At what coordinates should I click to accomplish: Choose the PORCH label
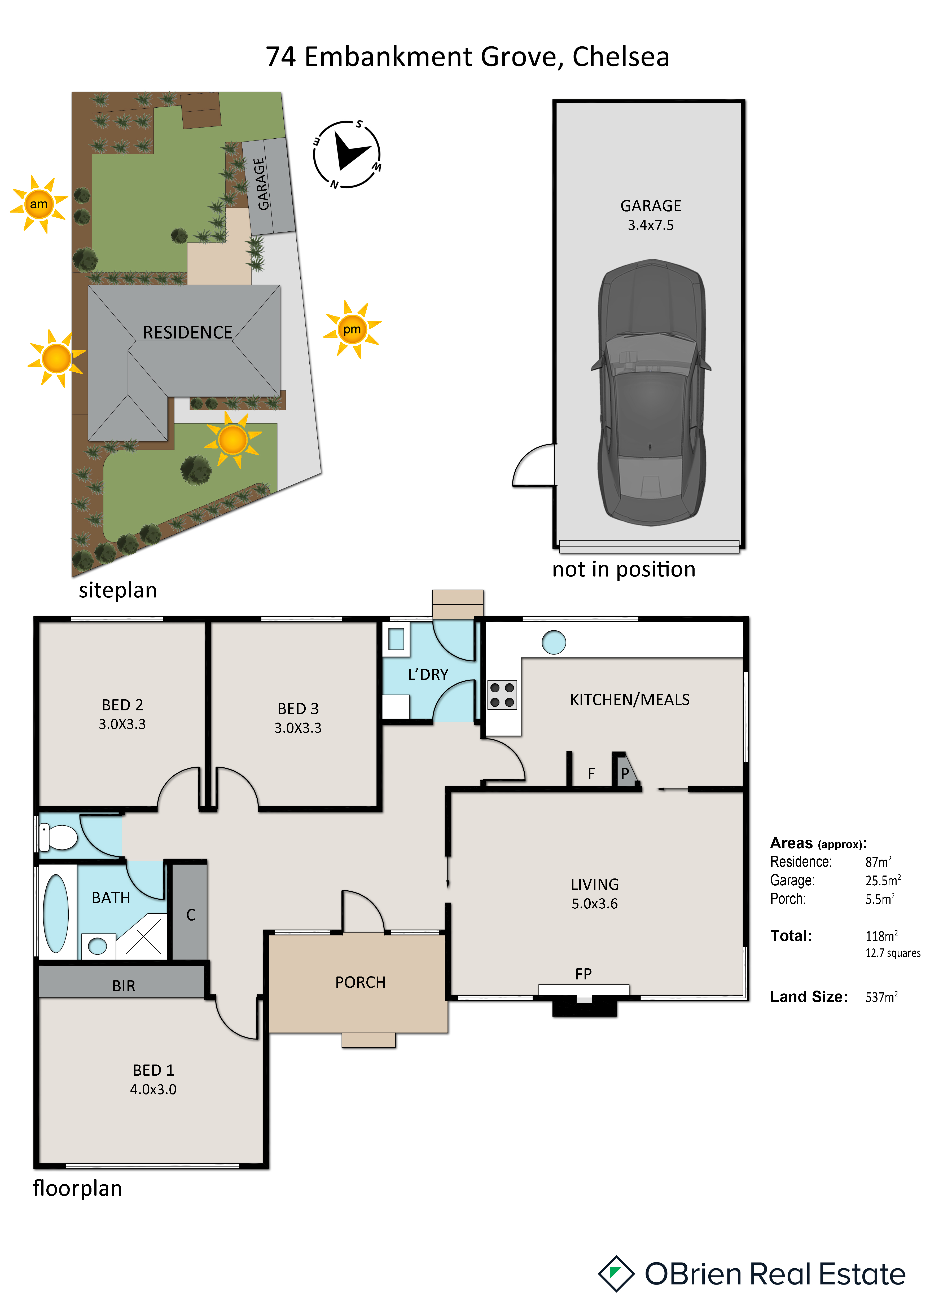pyautogui.click(x=360, y=982)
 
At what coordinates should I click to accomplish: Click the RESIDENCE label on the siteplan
pyautogui.click(x=187, y=332)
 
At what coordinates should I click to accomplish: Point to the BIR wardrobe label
pyautogui.click(x=124, y=986)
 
